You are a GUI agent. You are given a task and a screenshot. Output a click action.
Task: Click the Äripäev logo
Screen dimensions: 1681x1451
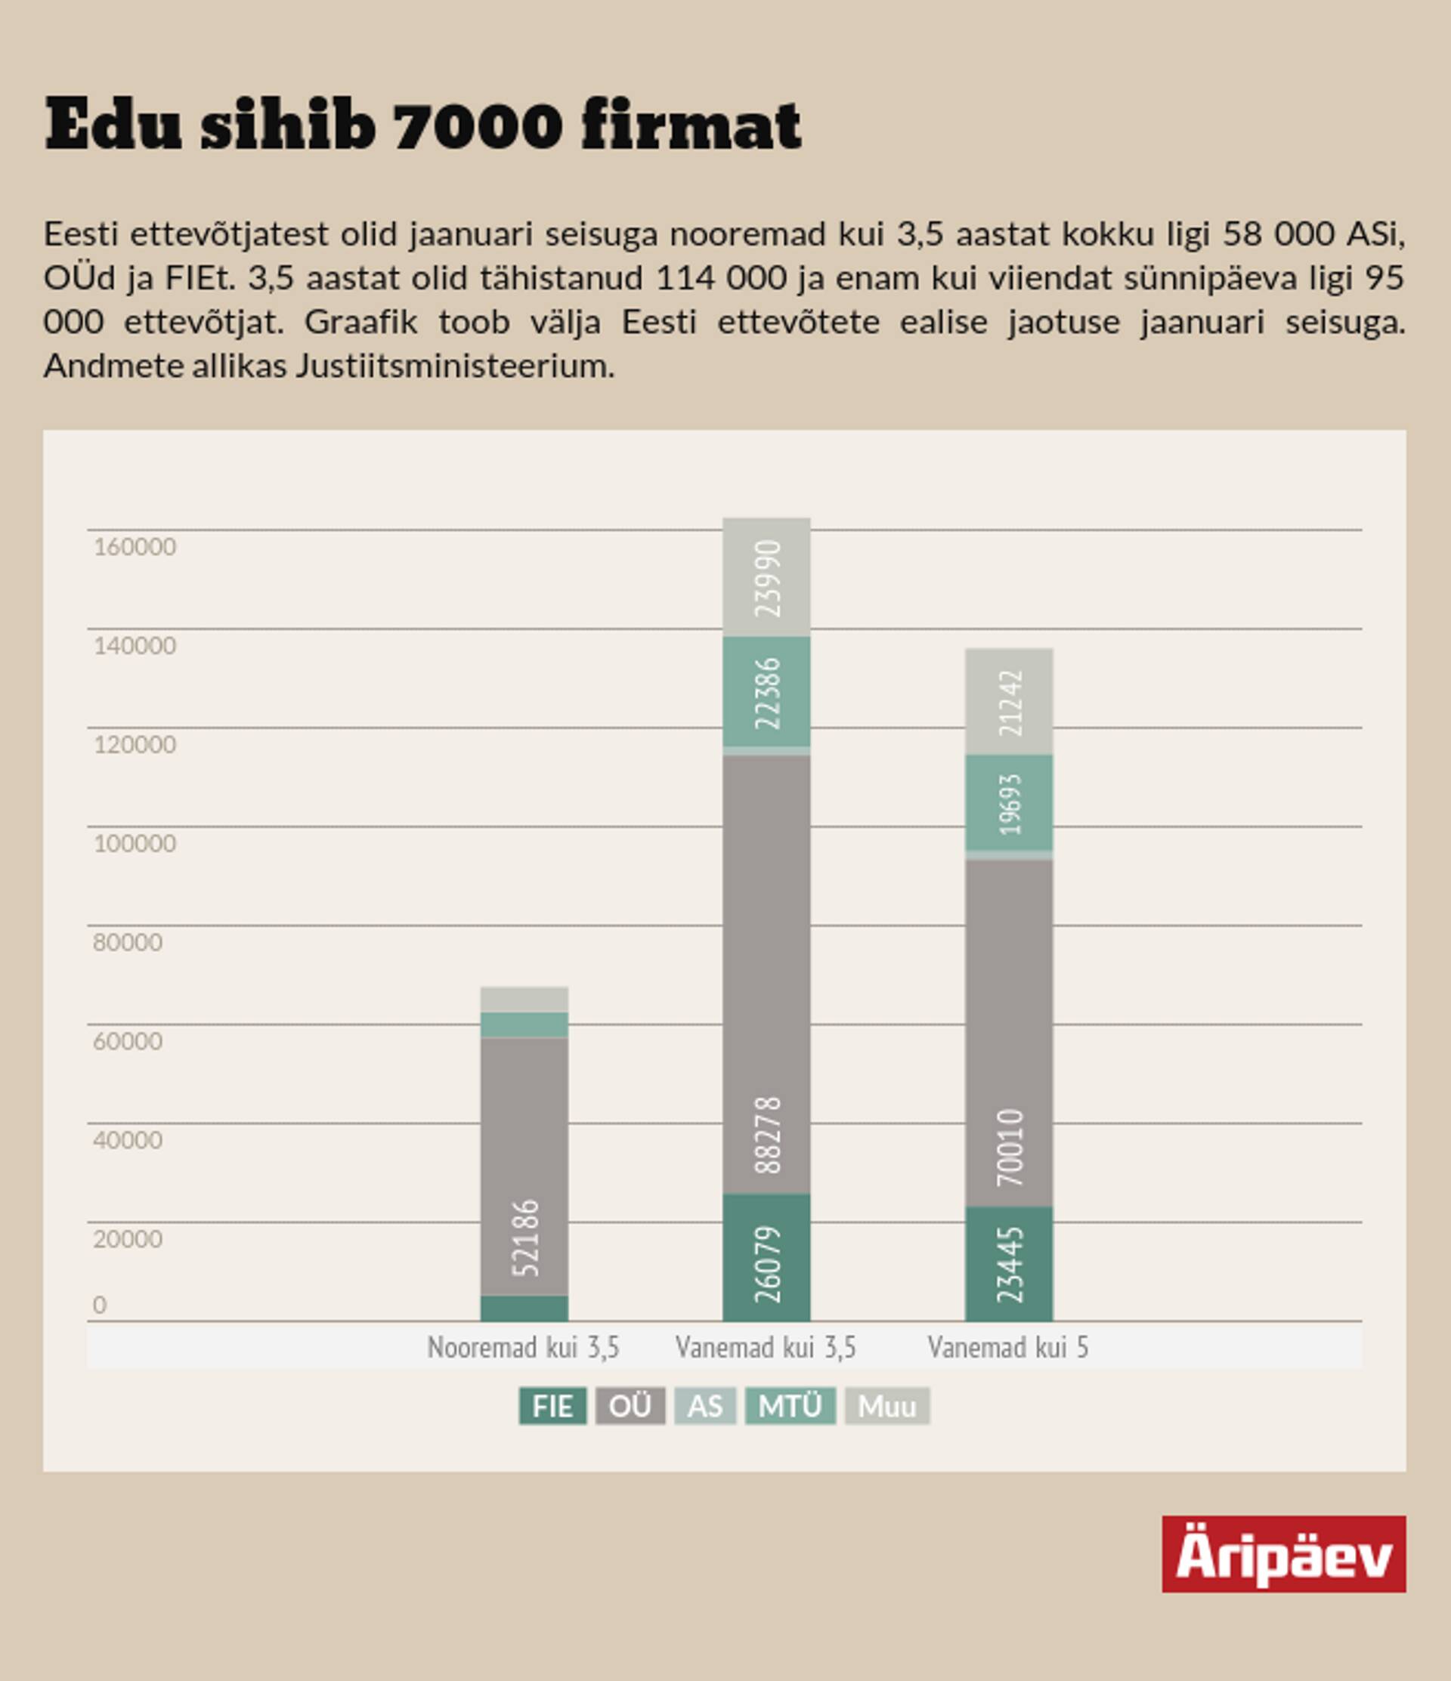coord(1283,1553)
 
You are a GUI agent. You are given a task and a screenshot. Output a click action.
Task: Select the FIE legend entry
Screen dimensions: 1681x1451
coord(552,1406)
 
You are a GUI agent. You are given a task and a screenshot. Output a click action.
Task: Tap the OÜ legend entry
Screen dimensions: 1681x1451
coord(630,1406)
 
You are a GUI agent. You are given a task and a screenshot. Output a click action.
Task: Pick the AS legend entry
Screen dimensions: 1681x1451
coord(704,1406)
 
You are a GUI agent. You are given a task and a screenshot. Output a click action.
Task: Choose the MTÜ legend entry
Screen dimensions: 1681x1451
coord(790,1406)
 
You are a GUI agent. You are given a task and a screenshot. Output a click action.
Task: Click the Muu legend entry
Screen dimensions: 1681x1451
coord(886,1406)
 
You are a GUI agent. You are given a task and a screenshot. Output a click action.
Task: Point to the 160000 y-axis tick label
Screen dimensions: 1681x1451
coord(135,547)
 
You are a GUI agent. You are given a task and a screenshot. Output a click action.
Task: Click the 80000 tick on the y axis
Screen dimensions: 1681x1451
coord(128,942)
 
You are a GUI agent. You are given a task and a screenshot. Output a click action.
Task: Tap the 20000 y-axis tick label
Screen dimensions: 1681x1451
coord(128,1239)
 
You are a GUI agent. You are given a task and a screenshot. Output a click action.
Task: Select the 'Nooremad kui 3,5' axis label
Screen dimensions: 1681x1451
coord(524,1348)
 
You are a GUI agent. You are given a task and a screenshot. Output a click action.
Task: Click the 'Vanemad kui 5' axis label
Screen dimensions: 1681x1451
coord(1008,1348)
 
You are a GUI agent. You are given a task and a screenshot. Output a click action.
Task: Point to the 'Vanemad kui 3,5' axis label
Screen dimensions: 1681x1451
coord(766,1348)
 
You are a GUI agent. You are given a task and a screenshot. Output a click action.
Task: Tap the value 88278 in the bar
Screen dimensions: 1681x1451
coord(768,1135)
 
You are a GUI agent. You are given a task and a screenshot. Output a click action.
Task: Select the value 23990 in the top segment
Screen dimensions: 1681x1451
coord(768,579)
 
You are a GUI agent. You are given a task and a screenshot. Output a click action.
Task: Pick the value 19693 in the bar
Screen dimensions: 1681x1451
coord(1010,804)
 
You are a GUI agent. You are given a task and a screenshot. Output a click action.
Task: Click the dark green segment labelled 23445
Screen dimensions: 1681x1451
coord(1010,1264)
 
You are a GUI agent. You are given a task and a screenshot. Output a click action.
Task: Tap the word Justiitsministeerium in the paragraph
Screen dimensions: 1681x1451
coord(454,366)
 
